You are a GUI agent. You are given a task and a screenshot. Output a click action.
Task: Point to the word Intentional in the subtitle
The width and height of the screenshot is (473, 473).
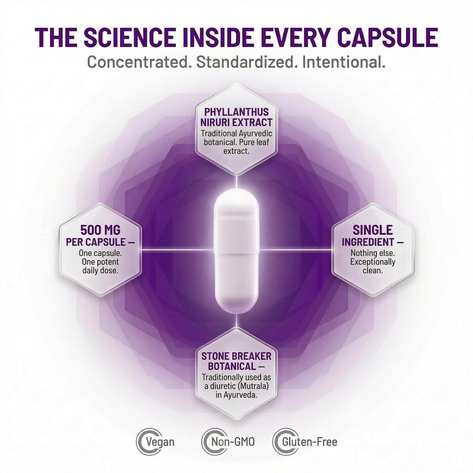click(x=344, y=62)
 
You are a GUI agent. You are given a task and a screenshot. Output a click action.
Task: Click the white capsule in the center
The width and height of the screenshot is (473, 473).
click(x=236, y=251)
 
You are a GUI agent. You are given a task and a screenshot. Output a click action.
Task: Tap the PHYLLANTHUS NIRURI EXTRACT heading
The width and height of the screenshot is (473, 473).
click(x=236, y=117)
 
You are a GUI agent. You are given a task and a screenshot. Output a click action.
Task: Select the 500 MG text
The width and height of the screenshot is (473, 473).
click(x=100, y=230)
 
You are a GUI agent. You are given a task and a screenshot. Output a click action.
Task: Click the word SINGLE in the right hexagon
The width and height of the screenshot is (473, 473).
click(x=373, y=230)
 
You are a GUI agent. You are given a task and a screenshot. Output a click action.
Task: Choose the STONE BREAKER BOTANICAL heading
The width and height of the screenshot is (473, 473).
click(x=236, y=361)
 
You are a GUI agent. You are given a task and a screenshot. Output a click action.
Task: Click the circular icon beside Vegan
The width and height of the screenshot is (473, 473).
click(x=143, y=442)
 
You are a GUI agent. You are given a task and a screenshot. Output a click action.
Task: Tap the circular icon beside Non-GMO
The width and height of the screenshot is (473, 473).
click(x=209, y=442)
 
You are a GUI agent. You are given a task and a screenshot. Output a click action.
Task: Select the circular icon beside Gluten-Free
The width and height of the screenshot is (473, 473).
click(x=279, y=442)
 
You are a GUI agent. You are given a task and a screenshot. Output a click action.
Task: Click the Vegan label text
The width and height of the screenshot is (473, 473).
click(x=160, y=442)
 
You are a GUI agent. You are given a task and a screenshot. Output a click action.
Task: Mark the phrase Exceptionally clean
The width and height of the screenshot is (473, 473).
click(x=373, y=266)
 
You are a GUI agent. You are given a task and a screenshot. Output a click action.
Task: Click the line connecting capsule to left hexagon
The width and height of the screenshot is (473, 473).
click(x=178, y=250)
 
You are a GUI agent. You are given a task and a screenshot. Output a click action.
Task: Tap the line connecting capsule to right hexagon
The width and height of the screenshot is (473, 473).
click(x=295, y=250)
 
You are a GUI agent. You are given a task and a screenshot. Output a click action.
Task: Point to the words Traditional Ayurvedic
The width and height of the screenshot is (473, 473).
click(x=236, y=133)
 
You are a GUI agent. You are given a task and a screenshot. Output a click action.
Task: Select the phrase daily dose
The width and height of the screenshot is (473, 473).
click(x=100, y=271)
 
